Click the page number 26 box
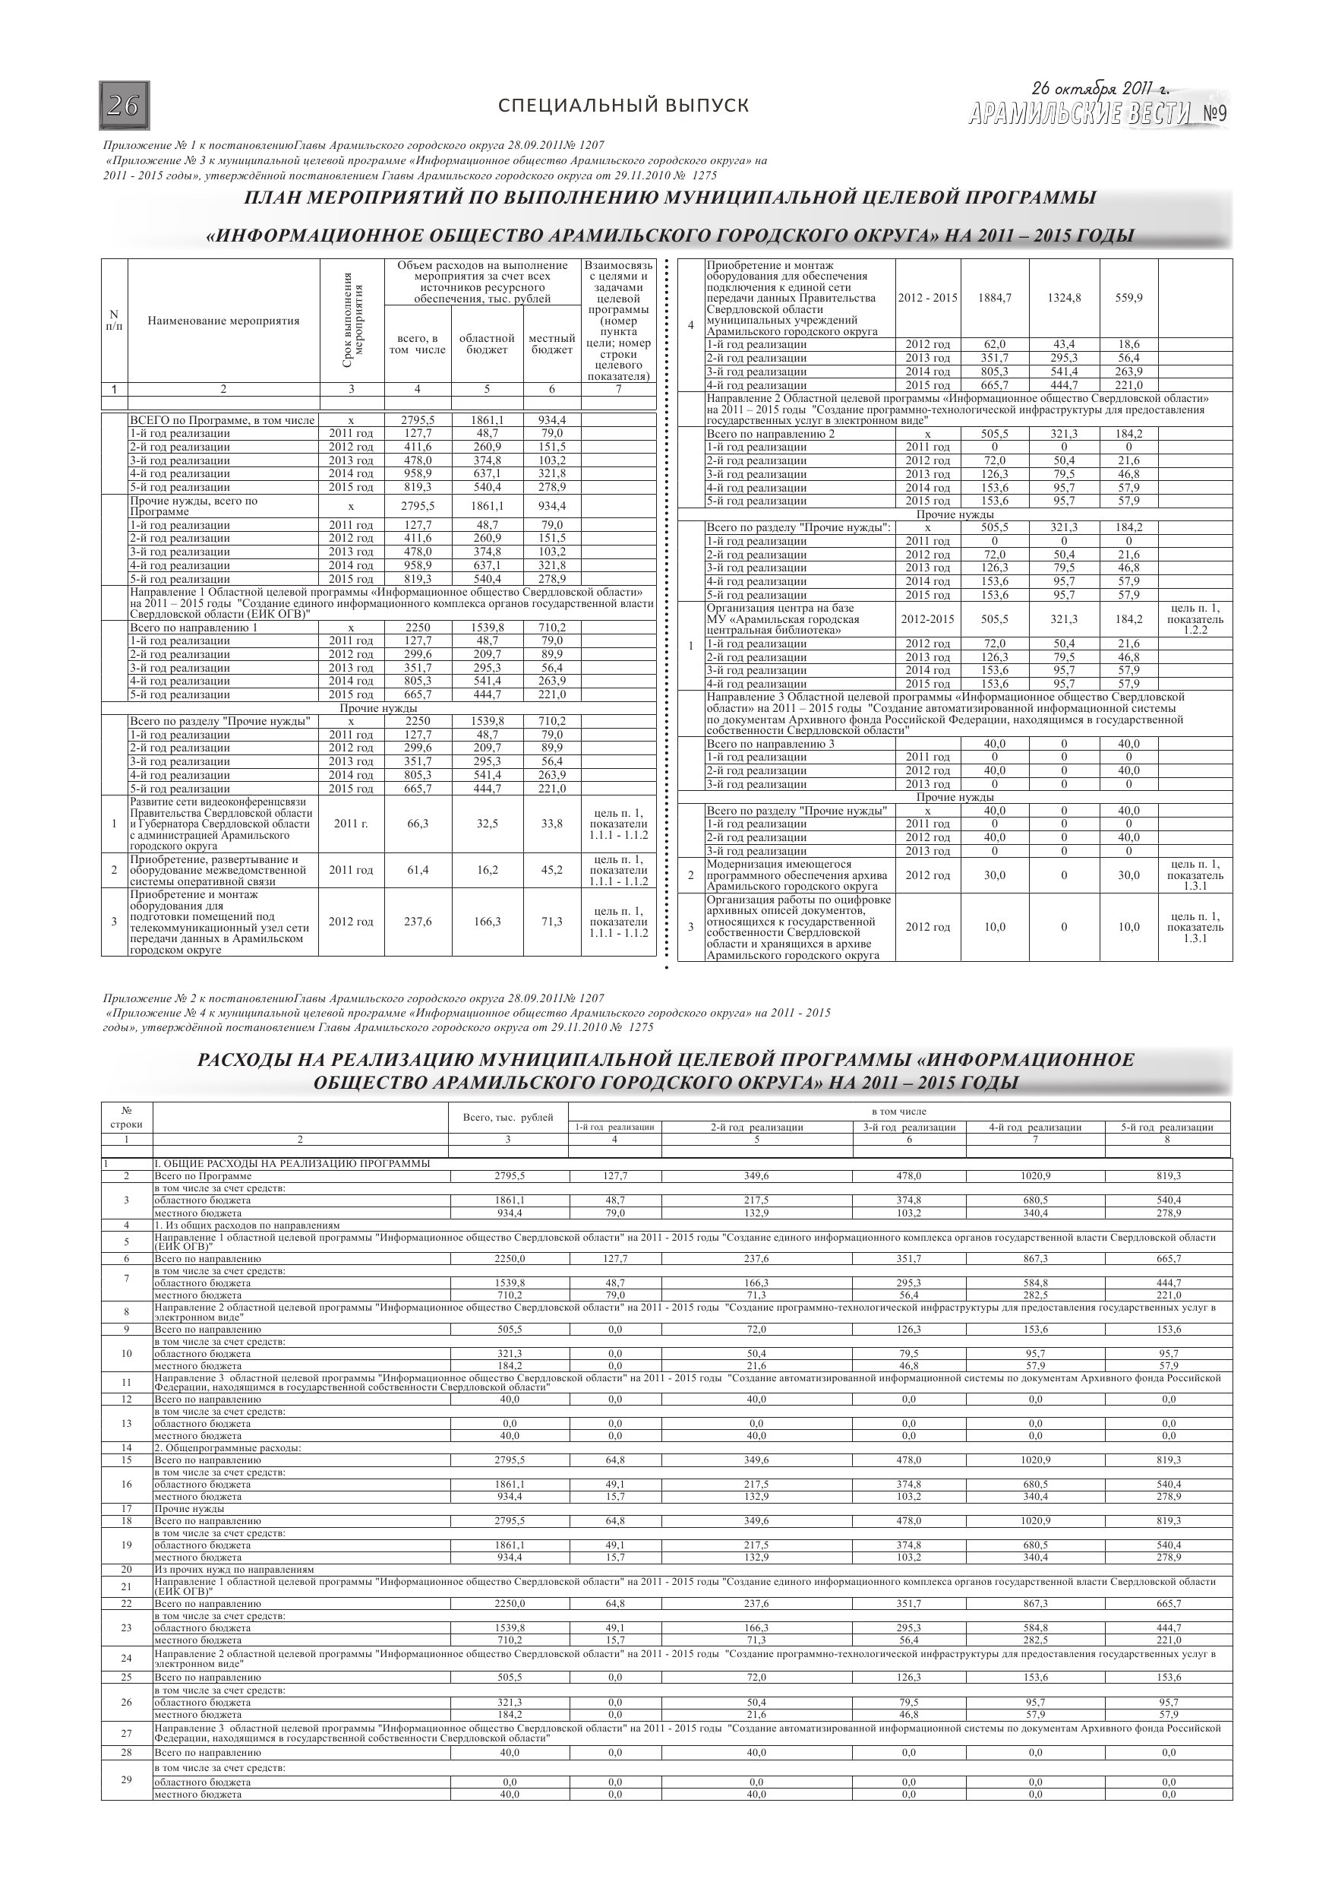click(x=124, y=106)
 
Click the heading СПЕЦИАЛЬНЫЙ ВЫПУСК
click(x=623, y=106)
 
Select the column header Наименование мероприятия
click(x=223, y=321)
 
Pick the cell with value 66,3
click(x=418, y=824)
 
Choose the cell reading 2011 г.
click(x=352, y=824)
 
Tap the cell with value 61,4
click(x=418, y=870)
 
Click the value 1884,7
click(x=995, y=298)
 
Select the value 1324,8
click(x=1064, y=298)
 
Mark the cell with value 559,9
click(x=1128, y=298)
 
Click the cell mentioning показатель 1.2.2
click(x=1195, y=619)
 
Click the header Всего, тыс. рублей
click(x=508, y=1117)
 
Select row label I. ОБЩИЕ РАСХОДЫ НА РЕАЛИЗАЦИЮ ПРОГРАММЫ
click(x=292, y=1163)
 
